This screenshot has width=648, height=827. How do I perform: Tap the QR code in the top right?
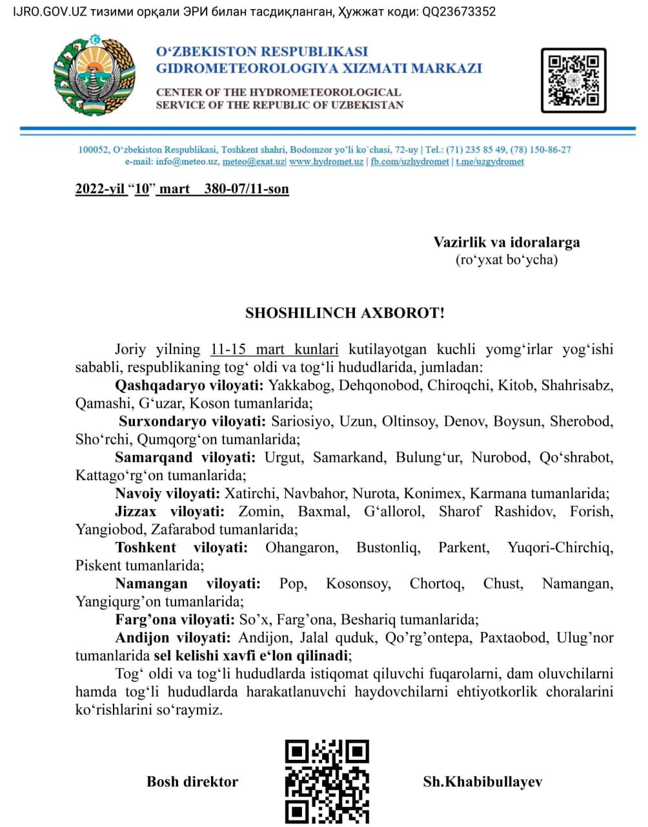pos(573,80)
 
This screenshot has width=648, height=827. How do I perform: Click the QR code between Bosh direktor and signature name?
pos(327,780)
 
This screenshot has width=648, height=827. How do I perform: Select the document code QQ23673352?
pos(459,12)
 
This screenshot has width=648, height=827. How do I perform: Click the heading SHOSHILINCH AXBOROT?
pos(345,313)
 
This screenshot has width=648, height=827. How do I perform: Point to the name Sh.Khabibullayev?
pos(482,782)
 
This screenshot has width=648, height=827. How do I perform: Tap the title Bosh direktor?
pos(192,782)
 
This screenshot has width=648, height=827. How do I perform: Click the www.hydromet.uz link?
pos(326,162)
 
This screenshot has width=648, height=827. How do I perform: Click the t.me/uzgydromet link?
pos(490,162)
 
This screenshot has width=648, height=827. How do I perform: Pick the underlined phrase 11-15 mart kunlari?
pos(274,350)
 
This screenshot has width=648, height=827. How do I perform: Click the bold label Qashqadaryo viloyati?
pos(189,386)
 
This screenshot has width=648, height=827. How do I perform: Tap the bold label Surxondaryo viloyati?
pos(192,422)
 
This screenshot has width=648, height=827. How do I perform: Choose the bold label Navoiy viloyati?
pos(167,494)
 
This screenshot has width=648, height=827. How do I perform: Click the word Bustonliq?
pos(388,548)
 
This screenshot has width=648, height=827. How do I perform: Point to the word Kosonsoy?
pos(358,584)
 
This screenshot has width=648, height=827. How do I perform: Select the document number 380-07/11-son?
pos(247,189)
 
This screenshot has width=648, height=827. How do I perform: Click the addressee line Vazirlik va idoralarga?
pos(507,242)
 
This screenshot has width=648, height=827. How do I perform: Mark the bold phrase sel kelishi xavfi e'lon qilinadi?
pos(252,656)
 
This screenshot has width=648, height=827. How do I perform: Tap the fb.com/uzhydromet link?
pos(409,162)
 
